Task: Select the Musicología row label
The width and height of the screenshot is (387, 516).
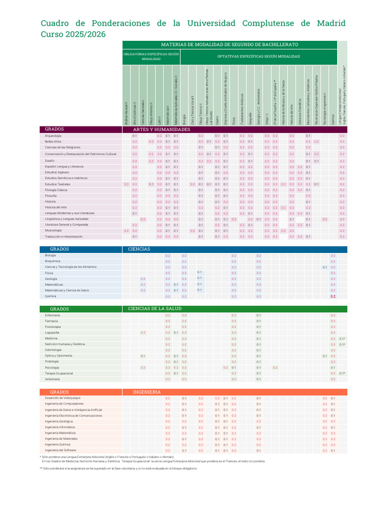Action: coord(53,230)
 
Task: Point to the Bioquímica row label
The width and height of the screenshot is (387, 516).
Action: coord(52,261)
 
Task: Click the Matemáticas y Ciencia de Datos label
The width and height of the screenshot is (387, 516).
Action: coord(67,290)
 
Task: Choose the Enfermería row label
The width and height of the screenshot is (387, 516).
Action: coord(52,315)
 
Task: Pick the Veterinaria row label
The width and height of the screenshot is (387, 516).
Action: coord(52,379)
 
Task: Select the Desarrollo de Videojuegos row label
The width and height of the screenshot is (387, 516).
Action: coord(62,398)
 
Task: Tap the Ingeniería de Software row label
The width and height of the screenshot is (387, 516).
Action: coord(60,450)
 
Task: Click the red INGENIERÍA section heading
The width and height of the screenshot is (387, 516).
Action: coord(147,392)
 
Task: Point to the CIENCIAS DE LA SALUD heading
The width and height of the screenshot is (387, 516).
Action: coord(155,308)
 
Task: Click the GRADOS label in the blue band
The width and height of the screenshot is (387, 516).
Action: coord(59,249)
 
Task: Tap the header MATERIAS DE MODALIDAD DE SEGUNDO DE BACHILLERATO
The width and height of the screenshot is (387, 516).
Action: coord(229,45)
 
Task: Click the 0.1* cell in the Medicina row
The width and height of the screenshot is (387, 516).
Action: coord(342,339)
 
